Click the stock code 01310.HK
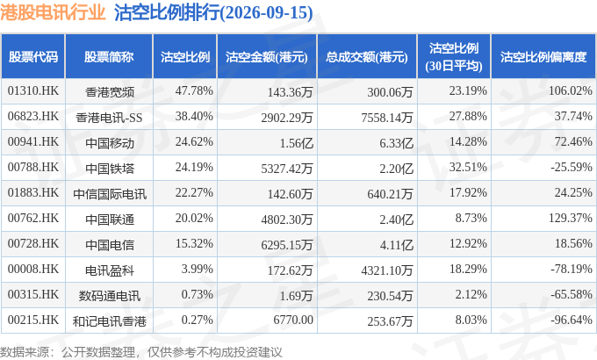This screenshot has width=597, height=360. click(33, 90)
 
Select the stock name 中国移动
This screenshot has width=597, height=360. click(110, 143)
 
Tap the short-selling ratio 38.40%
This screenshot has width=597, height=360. click(194, 116)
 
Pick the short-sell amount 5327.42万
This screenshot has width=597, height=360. click(287, 169)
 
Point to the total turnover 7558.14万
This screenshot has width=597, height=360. click(387, 118)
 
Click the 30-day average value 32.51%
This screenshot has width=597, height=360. click(468, 167)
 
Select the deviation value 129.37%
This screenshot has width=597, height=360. click(571, 218)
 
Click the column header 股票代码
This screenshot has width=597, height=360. click(33, 57)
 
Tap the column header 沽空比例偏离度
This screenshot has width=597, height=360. click(543, 57)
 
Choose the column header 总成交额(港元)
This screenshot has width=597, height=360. click(367, 57)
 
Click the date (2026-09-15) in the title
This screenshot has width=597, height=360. click(267, 12)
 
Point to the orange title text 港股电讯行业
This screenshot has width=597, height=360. click(53, 12)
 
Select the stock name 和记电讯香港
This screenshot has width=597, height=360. click(110, 321)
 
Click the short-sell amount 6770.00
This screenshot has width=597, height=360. click(293, 320)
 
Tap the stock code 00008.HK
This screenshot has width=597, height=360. click(33, 269)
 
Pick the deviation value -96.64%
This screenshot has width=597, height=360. click(572, 320)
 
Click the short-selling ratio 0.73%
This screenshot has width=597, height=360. click(197, 294)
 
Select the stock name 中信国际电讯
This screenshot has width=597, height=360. click(110, 194)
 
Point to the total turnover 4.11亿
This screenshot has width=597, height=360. click(396, 245)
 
